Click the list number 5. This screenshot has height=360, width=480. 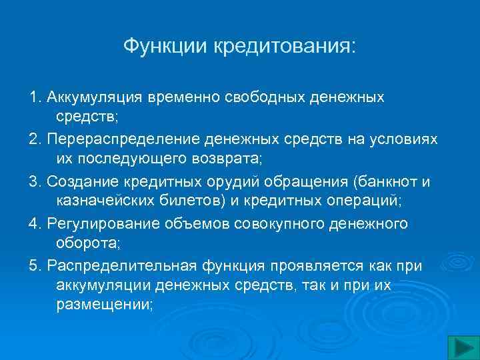point(34,266)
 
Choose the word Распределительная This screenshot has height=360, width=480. point(121,266)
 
